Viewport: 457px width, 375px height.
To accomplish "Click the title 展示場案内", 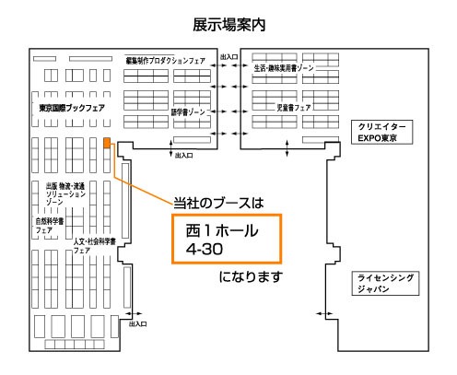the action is point(229,25).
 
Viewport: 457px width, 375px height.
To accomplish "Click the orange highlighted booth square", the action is point(107,143).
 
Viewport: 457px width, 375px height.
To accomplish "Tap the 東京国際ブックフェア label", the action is point(72,108).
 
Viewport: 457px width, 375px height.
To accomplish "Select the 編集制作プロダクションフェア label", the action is point(165,61).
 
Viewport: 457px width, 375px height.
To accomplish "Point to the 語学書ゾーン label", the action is point(188,112).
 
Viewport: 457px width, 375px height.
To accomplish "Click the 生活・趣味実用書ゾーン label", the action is point(284,68).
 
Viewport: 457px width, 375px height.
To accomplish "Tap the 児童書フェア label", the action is point(294,108).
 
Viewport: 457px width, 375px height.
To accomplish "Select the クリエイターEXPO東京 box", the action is point(381,132).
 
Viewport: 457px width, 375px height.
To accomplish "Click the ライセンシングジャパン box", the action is point(385,284).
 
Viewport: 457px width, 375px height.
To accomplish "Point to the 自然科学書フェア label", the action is point(50,226).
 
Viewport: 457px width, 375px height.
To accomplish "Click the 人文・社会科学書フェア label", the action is point(94,246).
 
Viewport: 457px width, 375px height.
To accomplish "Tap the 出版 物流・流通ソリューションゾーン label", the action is point(65,193).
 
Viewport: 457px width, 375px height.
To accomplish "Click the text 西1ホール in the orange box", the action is point(222,230).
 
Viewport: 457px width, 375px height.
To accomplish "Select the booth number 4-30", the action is point(205,249).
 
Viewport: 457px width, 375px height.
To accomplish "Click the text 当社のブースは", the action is point(218,203).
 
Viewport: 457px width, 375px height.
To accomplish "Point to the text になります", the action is point(251,276).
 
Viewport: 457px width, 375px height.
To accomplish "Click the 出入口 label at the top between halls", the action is point(228,57).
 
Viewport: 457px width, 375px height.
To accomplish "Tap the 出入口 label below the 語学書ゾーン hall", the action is point(183,156).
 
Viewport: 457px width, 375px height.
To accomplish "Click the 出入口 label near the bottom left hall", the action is point(137,323).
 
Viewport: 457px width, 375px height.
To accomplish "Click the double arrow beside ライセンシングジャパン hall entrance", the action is point(324,313).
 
